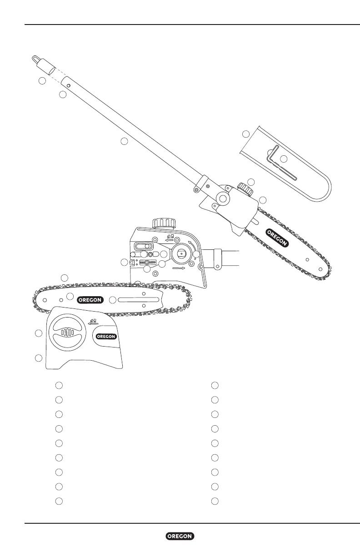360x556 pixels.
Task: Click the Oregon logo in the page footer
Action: [180, 536]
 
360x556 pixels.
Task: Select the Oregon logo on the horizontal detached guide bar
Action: [91, 299]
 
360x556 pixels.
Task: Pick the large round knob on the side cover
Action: [67, 333]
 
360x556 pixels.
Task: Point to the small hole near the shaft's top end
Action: [67, 84]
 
